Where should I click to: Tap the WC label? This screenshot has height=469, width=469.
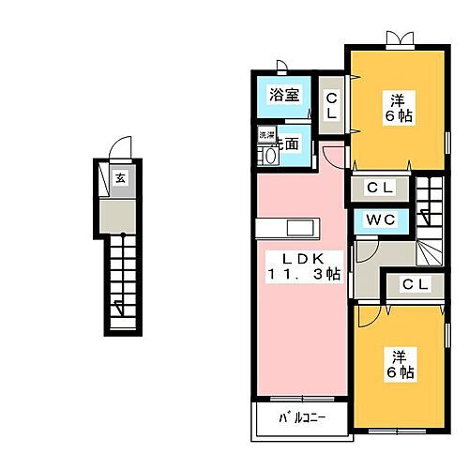pos(381,221)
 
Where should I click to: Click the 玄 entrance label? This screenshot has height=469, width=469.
pos(120,176)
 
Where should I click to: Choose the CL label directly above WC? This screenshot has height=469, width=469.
pos(381,189)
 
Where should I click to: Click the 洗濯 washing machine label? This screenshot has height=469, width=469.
pos(267,137)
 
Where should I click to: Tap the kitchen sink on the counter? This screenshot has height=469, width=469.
pos(302,229)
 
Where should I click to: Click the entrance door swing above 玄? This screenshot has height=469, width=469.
pos(119,149)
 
